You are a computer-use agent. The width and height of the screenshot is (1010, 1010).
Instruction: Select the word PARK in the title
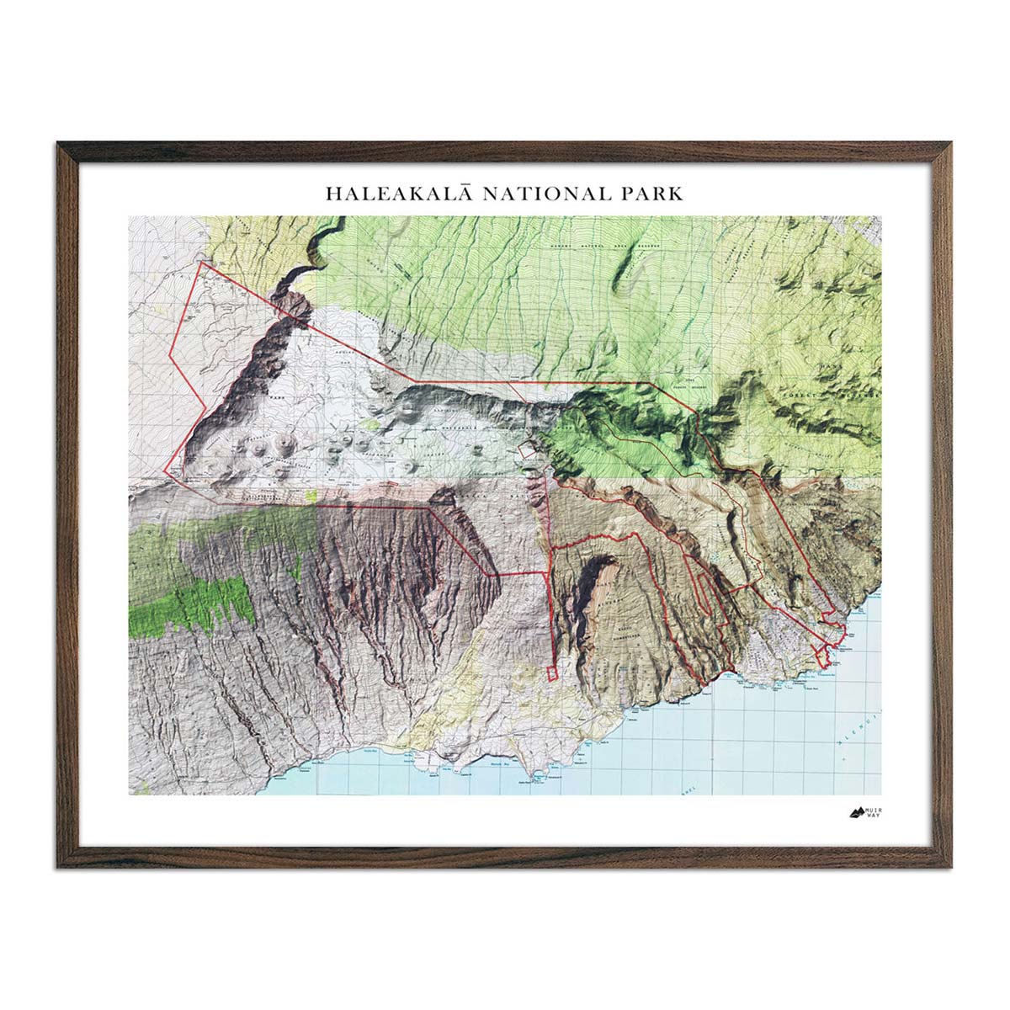(x=656, y=193)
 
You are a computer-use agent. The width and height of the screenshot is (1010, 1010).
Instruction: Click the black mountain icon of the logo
(x=856, y=813)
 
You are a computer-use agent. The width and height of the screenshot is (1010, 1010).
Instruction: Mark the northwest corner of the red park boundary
(x=199, y=262)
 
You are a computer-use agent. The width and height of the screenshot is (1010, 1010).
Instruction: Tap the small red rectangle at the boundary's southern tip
(x=552, y=672)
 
